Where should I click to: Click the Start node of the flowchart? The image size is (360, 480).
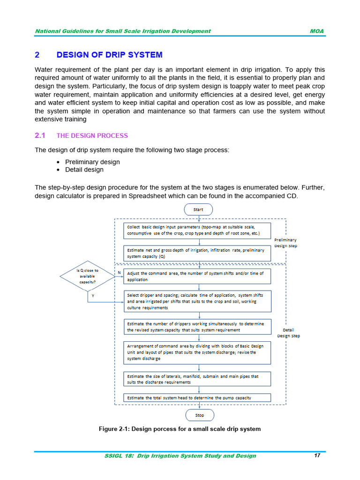click(x=198, y=210)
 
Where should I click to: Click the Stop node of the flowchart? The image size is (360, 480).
click(x=200, y=415)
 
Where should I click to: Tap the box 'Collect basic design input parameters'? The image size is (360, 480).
click(x=197, y=230)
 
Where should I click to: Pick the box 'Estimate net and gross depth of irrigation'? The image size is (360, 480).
click(x=197, y=254)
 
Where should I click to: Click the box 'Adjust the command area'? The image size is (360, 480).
click(x=197, y=277)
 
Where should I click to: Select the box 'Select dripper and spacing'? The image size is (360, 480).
click(x=197, y=301)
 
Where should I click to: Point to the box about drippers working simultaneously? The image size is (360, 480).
click(x=197, y=327)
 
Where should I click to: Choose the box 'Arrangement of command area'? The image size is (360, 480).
click(x=197, y=352)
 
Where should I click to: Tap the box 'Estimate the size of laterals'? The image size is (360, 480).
click(x=197, y=379)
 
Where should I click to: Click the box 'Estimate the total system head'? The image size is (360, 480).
click(x=197, y=397)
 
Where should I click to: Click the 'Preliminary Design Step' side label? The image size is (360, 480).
click(x=285, y=243)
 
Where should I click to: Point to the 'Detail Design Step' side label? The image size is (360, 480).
click(x=288, y=333)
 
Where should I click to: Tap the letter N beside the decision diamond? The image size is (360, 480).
click(x=119, y=272)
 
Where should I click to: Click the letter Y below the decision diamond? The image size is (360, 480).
click(x=92, y=296)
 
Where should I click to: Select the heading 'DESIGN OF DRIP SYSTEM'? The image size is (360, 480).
click(x=109, y=55)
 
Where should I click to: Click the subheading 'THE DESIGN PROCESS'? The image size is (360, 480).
click(x=92, y=135)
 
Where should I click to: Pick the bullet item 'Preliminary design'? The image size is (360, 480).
click(x=92, y=162)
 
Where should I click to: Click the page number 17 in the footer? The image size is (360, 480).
click(x=317, y=456)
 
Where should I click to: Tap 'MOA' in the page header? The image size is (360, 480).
click(x=317, y=31)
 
